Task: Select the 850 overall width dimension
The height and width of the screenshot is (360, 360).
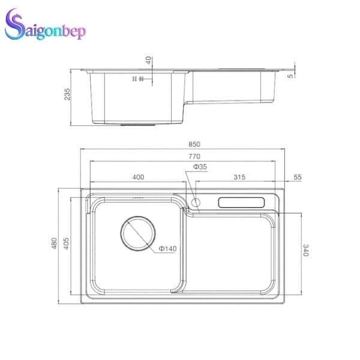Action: (x=193, y=144)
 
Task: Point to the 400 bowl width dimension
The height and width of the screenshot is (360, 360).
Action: (x=138, y=177)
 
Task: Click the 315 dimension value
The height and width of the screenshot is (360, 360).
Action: (x=239, y=177)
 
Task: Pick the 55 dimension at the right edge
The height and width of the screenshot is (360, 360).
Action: (x=298, y=177)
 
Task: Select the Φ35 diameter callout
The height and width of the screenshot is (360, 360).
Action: (x=200, y=166)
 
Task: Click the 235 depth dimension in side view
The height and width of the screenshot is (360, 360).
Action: (x=67, y=94)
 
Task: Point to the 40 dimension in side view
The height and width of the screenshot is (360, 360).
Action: (x=149, y=61)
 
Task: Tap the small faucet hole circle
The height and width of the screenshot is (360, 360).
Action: (x=195, y=202)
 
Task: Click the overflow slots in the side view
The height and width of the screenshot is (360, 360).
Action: (x=137, y=79)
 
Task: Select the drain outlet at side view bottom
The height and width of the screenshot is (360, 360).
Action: (x=138, y=125)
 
